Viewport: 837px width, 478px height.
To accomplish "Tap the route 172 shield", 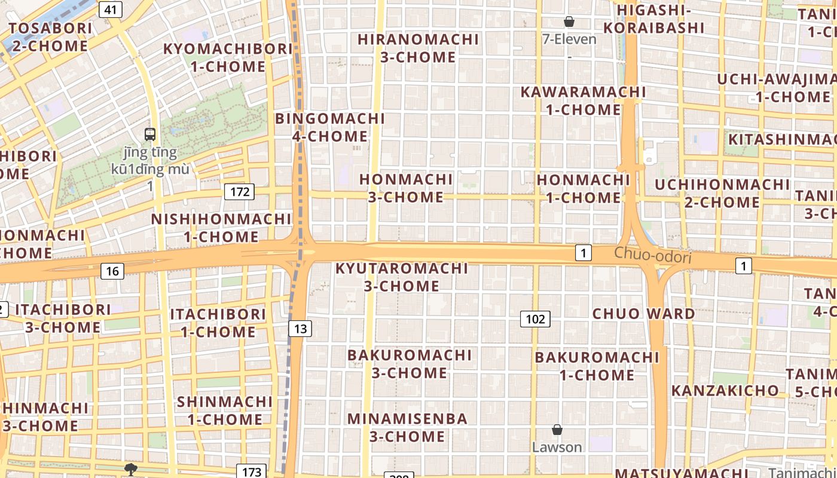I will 239,192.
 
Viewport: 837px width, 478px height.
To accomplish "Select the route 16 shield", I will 112,271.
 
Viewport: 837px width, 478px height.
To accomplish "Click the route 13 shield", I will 300,328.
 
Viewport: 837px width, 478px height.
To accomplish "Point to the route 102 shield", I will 535,319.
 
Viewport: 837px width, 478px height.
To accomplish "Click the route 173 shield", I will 251,471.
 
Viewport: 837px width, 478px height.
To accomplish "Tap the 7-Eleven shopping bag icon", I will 569,22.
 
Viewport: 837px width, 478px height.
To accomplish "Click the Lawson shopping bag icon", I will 557,430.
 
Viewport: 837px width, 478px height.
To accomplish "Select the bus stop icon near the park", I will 150,134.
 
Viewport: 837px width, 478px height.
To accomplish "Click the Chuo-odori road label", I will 652,256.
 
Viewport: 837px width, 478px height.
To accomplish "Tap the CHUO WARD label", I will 643,314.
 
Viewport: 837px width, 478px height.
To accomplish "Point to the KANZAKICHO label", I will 725,391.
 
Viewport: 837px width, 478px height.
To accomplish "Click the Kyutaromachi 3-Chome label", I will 402,277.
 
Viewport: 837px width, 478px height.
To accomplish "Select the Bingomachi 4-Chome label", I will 330,127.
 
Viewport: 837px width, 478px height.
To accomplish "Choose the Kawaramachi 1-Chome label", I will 583,101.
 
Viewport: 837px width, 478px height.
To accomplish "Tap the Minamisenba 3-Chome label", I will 407,427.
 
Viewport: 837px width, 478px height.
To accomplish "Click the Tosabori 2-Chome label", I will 50,37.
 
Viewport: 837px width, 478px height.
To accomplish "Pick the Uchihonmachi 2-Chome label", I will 722,193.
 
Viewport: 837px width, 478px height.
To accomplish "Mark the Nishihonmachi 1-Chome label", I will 221,228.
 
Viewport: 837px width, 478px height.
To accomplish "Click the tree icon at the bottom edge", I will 130,469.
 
